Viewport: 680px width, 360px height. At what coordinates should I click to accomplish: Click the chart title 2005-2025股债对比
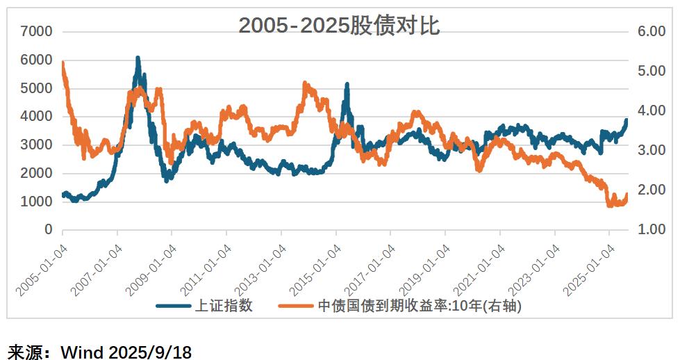click(339, 26)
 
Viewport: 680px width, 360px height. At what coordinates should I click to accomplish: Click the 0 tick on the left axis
click(48, 230)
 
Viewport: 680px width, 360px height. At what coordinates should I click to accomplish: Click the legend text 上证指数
click(224, 306)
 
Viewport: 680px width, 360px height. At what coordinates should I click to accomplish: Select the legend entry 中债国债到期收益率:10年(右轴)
click(420, 306)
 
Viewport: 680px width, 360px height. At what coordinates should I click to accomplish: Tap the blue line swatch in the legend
click(174, 306)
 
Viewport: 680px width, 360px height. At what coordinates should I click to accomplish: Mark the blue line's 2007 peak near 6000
click(138, 59)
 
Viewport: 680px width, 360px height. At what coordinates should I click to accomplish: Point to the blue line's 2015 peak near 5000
click(347, 85)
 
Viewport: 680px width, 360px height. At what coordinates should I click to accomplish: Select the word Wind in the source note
click(82, 352)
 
